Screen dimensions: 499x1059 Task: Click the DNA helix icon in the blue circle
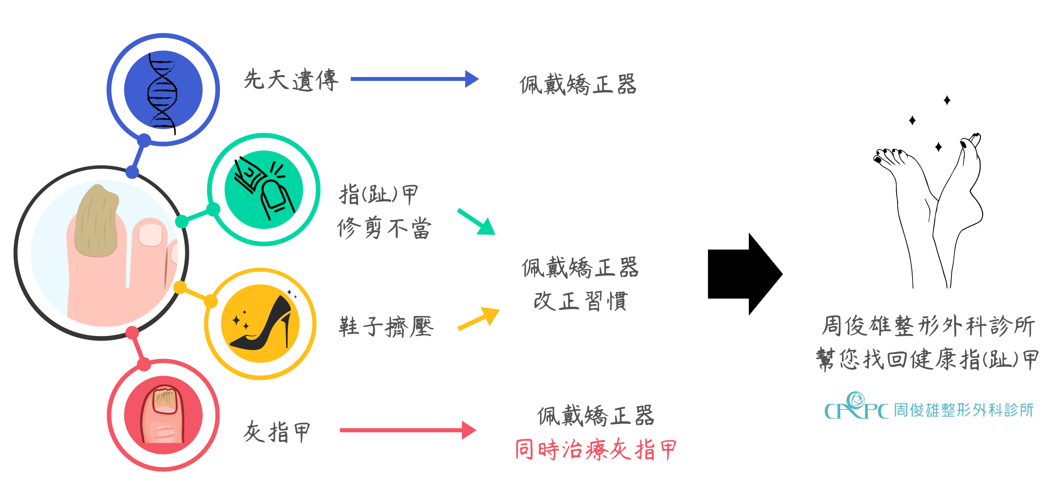click(x=163, y=90)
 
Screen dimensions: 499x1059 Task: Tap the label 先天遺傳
click(x=291, y=80)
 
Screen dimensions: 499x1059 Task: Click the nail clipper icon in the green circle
click(x=263, y=189)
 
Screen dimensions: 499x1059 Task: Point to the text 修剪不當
click(x=384, y=228)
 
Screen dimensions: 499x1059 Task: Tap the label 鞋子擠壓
click(x=386, y=327)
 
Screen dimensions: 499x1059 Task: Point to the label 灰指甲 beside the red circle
click(x=277, y=432)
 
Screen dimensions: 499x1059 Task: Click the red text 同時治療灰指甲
click(x=595, y=449)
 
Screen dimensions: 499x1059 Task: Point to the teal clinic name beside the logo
click(x=964, y=410)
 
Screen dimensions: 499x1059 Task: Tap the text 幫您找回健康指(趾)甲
click(x=927, y=359)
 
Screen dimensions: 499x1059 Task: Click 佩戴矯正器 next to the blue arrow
click(x=578, y=85)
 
